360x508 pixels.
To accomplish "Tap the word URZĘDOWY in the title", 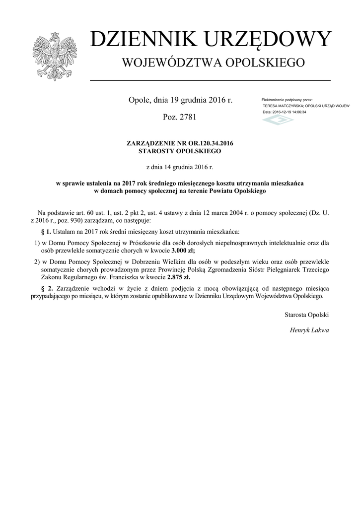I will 263,40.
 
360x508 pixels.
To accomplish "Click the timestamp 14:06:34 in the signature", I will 297,112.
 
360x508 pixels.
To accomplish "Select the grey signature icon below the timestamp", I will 278,120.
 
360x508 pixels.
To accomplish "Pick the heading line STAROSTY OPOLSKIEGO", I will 180,151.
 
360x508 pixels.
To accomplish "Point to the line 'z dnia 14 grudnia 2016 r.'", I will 180,168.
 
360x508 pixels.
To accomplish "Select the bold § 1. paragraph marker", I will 46,232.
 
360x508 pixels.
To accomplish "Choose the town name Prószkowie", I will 144,243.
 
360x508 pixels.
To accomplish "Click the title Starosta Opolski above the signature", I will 306,315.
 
